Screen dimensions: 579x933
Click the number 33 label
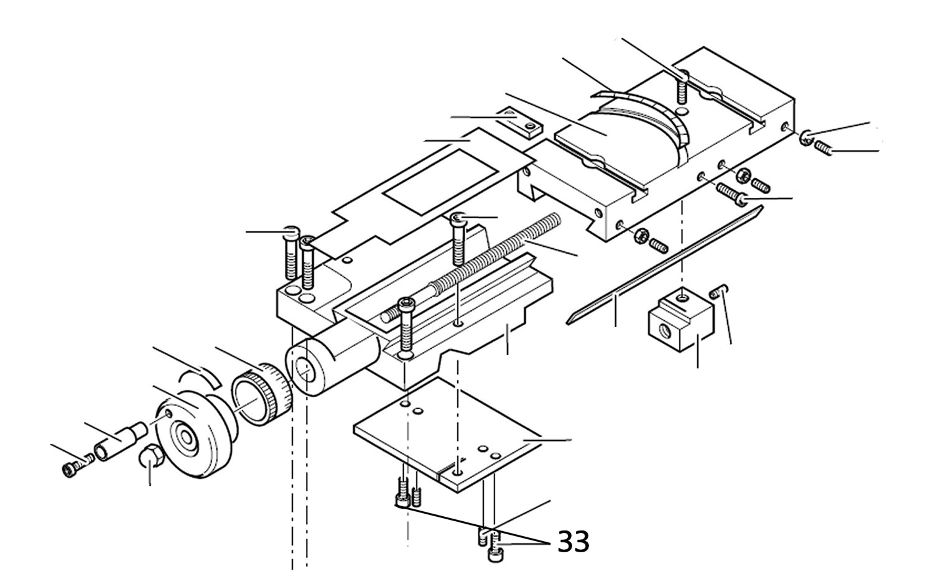click(x=573, y=542)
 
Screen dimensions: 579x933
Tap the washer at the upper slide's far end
click(x=805, y=138)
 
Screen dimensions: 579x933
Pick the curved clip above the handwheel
click(x=198, y=376)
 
